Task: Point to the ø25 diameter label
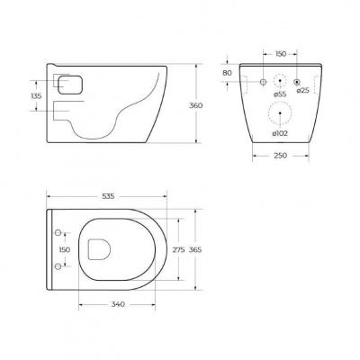pos(301,94)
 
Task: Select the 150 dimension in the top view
pos(63,249)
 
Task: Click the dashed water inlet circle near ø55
pos(281,80)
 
